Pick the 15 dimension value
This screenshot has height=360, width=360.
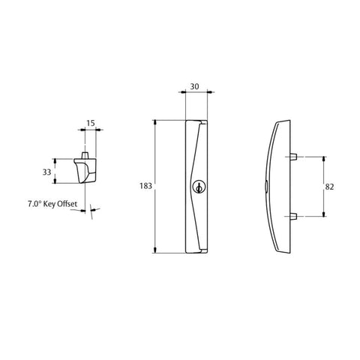pos(90,123)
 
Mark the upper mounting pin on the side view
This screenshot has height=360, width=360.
pos(295,157)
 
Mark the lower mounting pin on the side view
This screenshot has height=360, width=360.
pos(295,217)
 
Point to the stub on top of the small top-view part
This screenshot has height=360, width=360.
pos(86,152)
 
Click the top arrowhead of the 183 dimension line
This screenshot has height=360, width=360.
pos(155,121)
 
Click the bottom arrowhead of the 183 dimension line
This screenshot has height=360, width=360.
pos(155,253)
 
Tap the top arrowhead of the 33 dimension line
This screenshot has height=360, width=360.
pos(55,160)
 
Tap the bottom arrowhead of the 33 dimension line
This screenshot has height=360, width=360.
pos(55,182)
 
